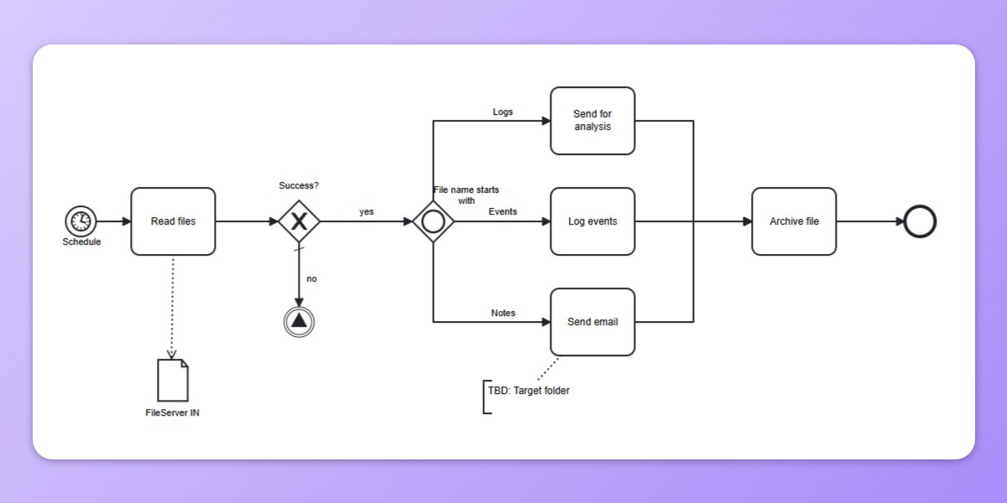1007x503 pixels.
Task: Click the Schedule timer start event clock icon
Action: coord(81,221)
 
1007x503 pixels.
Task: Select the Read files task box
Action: coord(173,221)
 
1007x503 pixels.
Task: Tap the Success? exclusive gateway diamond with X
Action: coord(299,221)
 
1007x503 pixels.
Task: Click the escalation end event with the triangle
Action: coord(299,321)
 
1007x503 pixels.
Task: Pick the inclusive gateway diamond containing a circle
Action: coord(433,221)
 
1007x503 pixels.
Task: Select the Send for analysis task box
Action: coord(592,121)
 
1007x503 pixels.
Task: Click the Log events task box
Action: coord(592,221)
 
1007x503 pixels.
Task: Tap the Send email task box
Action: coord(592,322)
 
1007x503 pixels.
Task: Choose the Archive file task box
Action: coord(794,221)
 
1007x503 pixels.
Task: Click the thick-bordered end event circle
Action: coord(920,221)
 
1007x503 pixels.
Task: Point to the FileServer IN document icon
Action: coord(173,380)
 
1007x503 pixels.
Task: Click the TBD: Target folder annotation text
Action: coord(529,391)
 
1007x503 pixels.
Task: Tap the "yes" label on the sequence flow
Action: coord(367,212)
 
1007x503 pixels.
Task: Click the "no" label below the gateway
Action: coord(311,279)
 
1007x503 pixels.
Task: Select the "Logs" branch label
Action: coord(503,111)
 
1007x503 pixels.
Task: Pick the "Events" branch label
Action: coord(503,212)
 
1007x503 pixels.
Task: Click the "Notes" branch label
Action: coord(503,313)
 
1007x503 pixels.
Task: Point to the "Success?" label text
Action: coord(299,185)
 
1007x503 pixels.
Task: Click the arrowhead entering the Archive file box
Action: coord(747,221)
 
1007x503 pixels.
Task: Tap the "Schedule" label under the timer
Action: coord(81,242)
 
